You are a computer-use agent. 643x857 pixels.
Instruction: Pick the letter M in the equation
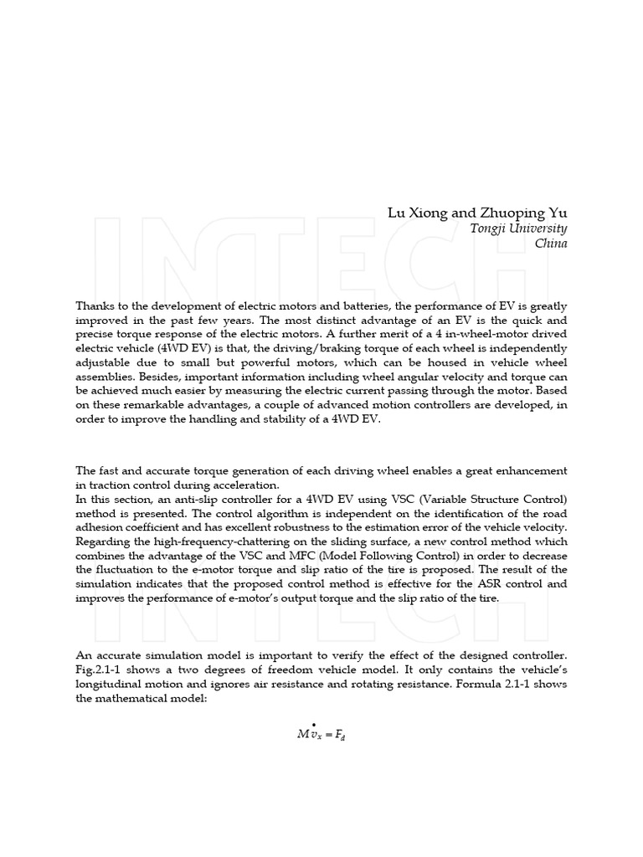(303, 734)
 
